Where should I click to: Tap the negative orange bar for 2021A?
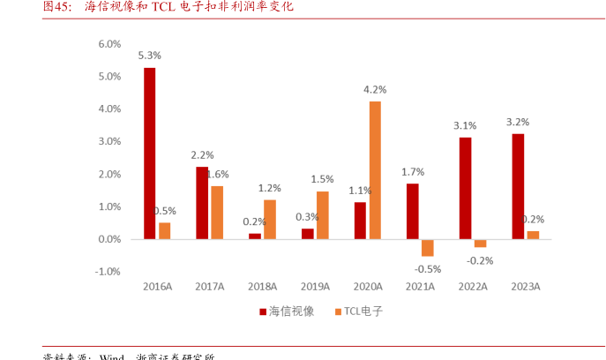[428, 247]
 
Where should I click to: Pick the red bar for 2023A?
[518, 186]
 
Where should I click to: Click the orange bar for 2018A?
[270, 219]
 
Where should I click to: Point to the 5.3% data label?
[149, 55]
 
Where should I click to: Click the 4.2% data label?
[375, 89]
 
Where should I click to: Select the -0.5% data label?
[428, 268]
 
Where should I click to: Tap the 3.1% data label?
[465, 125]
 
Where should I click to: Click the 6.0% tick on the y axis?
[108, 43]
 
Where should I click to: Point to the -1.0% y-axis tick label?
[107, 272]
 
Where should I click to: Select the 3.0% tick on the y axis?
[108, 141]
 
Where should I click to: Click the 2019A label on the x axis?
[315, 287]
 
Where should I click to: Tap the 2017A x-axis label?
[210, 287]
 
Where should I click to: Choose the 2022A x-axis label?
[473, 287]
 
